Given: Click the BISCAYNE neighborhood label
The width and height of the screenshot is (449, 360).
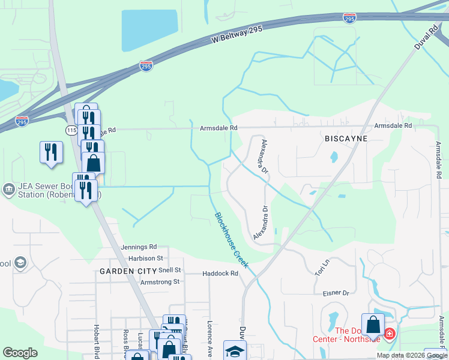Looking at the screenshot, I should coord(345,138).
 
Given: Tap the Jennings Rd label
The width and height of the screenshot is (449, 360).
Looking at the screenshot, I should coord(138,247).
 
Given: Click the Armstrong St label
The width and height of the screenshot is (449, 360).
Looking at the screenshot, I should coord(160,281).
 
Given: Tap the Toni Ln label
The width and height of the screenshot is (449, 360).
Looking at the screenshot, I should coord(322,267).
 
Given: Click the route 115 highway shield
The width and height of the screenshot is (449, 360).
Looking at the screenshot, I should coord(71,130).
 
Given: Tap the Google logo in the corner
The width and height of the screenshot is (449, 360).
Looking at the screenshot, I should coord(20,353).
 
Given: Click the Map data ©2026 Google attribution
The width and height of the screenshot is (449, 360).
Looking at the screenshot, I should coord(411,355).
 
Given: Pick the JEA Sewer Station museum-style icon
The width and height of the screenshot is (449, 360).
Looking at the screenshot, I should coord(8,190).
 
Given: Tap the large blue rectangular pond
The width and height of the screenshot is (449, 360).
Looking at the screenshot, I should coord(150,30).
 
